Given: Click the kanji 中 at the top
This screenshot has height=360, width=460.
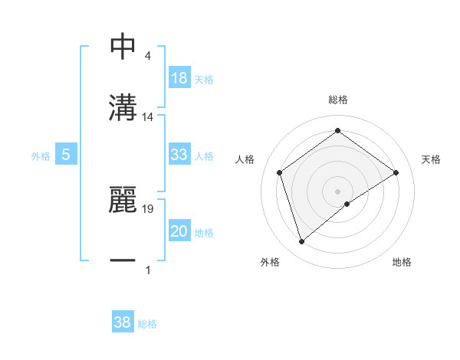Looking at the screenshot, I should (x=123, y=47).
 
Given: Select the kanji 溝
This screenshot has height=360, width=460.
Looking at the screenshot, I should (x=123, y=107).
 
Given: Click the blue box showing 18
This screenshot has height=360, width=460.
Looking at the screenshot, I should (x=179, y=79).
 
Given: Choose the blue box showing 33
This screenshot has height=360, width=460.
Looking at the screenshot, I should (x=179, y=155).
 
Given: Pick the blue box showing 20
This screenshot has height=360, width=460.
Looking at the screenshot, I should (x=179, y=231).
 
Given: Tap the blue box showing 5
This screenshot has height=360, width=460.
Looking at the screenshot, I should (x=66, y=155).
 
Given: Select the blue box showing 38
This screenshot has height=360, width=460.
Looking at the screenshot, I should (x=123, y=322).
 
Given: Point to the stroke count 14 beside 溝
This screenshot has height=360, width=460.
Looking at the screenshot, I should (x=149, y=117).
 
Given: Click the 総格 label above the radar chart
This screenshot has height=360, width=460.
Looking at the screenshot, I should (x=338, y=100).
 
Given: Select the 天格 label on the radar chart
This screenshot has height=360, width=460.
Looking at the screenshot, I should (x=432, y=159).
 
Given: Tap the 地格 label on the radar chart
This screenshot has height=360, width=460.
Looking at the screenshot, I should (x=402, y=262).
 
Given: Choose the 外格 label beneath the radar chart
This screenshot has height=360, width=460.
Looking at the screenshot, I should (x=269, y=262).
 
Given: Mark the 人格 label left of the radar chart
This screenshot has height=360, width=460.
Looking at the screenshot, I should (x=245, y=159).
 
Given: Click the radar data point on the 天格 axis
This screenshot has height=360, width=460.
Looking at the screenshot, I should (x=396, y=172).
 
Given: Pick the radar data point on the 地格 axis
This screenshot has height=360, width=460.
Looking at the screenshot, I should (x=347, y=204).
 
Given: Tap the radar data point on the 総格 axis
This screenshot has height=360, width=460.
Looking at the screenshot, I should (x=337, y=131).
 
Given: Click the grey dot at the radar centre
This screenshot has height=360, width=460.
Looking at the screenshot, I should (x=337, y=190).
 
